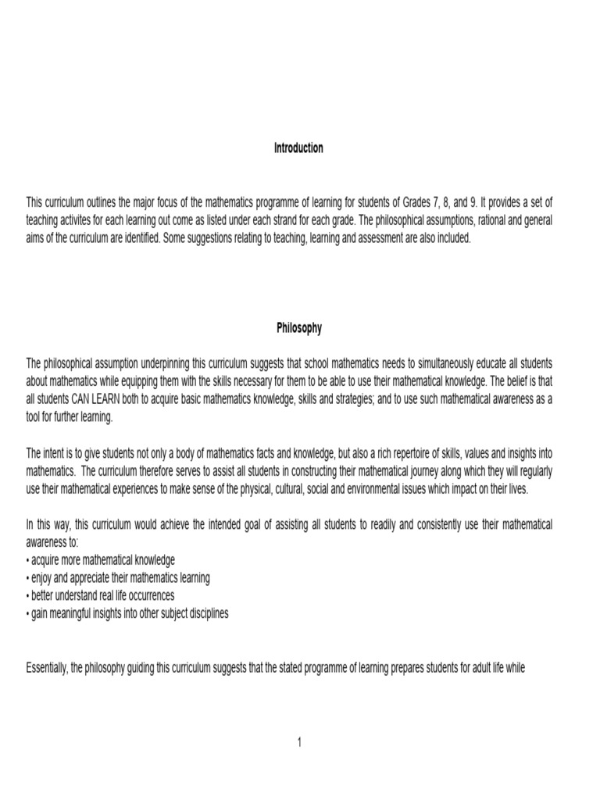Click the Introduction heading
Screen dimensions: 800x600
[x=298, y=148]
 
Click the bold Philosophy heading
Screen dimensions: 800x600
[x=298, y=328]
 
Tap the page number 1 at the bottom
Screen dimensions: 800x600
[x=298, y=742]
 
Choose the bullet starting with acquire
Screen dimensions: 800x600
[x=102, y=560]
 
